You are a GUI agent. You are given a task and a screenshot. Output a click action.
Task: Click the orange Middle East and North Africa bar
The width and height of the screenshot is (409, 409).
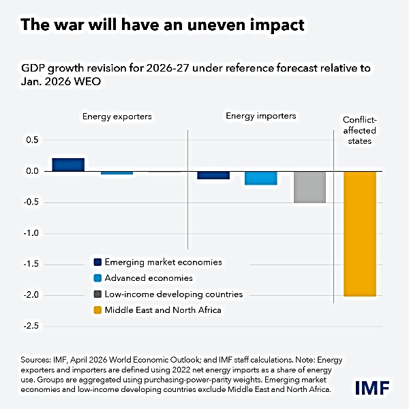point(359,233)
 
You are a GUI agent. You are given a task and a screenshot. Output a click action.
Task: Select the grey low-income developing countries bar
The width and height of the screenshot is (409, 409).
point(309,187)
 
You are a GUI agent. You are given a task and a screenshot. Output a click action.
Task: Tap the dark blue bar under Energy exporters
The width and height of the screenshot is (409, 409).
point(68,165)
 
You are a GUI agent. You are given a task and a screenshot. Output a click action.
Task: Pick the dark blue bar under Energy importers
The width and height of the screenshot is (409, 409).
point(213,175)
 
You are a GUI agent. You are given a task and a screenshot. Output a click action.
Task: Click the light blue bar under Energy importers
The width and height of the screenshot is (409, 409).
point(261,178)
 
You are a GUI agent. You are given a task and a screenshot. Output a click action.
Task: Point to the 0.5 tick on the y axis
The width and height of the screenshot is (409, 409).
point(31,140)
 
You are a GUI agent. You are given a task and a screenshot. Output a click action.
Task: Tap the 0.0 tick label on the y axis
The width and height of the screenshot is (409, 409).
point(31,171)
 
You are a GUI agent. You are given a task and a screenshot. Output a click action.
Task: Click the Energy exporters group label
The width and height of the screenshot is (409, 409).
point(117,117)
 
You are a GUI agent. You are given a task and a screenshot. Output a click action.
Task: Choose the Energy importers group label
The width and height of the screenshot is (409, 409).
point(260,116)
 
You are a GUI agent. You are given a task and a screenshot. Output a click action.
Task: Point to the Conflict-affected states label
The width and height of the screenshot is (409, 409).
point(359,131)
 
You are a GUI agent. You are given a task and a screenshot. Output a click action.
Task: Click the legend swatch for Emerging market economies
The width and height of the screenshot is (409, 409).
point(97,262)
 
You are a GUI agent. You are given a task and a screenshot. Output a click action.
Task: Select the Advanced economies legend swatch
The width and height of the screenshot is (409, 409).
point(97,278)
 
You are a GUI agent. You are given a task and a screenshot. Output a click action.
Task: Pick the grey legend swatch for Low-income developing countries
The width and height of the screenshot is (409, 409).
point(97,294)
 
